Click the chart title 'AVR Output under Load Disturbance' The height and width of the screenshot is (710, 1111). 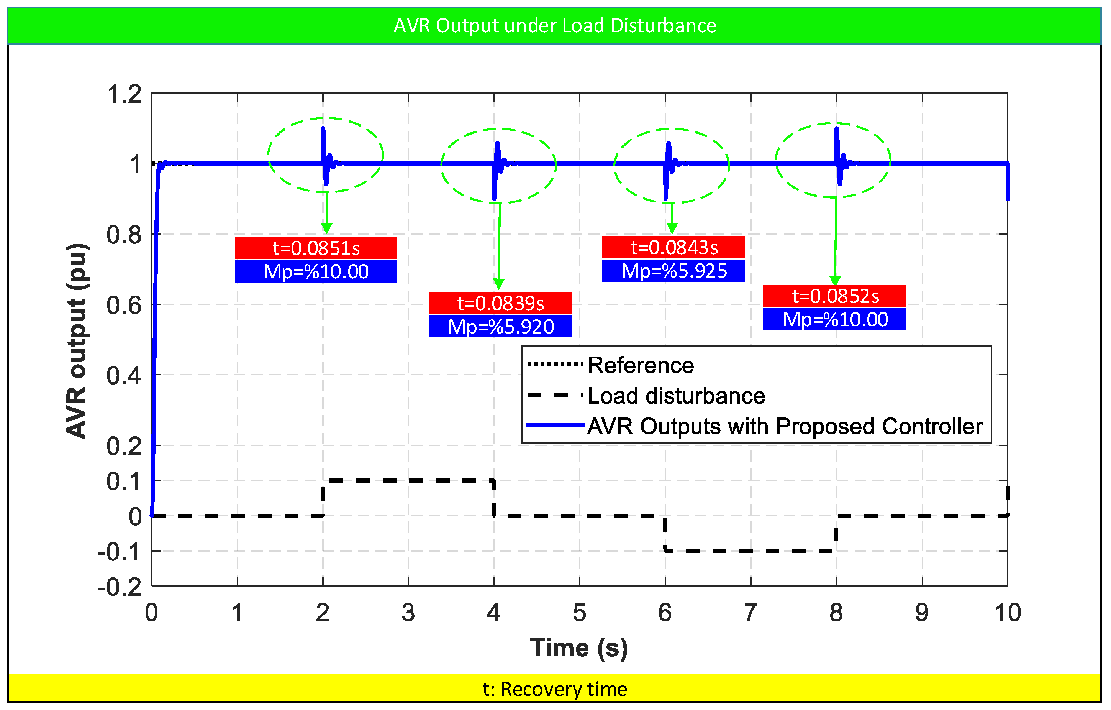555,25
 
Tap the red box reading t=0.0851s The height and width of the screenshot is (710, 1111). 316,248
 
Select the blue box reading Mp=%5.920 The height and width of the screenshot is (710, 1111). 500,326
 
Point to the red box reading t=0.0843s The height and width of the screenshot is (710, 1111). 673,247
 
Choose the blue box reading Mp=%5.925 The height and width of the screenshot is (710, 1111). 673,271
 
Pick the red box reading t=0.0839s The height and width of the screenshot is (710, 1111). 500,303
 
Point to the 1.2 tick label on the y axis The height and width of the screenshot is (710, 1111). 124,94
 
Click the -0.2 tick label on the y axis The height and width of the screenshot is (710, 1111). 120,587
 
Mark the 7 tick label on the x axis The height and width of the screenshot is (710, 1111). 750,613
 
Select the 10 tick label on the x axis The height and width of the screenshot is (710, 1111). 1008,613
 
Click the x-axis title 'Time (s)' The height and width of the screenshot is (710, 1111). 579,648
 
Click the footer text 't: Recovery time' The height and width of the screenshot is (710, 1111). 555,689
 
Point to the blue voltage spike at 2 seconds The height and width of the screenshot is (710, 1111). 325,156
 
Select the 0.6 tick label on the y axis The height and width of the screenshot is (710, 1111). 124,305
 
